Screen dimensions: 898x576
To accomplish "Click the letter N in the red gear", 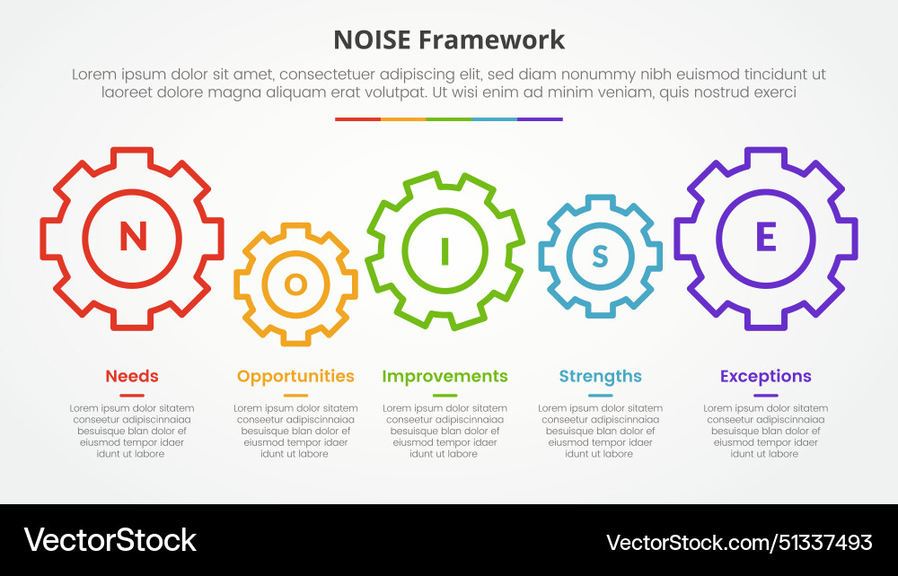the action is click(x=133, y=237).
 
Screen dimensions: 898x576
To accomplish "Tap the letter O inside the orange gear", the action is click(x=295, y=284).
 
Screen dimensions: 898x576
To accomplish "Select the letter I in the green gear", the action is click(x=445, y=251).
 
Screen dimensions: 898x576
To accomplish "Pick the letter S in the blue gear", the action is click(x=600, y=257).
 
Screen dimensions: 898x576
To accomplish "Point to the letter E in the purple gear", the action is click(x=765, y=238).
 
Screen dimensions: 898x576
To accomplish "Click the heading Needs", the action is click(x=132, y=376).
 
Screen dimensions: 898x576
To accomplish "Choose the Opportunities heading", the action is click(x=295, y=376).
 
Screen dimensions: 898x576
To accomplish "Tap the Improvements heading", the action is click(x=445, y=376).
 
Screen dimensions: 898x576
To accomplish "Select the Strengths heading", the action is click(x=600, y=376).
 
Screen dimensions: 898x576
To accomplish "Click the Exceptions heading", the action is click(x=765, y=376).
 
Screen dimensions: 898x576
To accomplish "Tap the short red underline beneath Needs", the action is click(x=132, y=395).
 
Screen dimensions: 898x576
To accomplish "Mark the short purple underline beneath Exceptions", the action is click(x=765, y=395).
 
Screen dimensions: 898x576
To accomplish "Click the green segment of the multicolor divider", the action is click(x=449, y=118).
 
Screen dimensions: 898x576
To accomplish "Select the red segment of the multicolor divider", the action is click(x=357, y=118).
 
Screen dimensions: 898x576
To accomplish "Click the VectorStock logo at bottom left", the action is click(x=110, y=540).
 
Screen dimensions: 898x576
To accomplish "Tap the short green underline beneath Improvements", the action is click(x=445, y=395).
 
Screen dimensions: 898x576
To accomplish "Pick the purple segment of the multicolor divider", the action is click(x=540, y=118).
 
